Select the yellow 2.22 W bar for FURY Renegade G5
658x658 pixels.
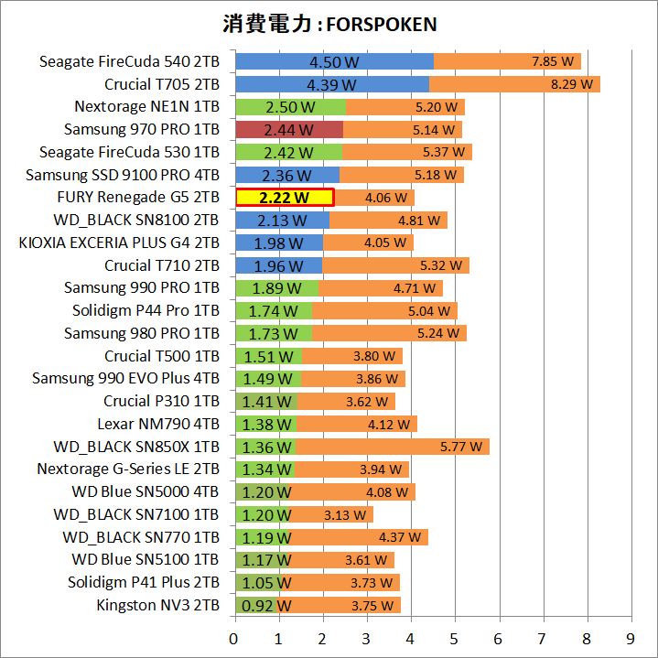[284, 198]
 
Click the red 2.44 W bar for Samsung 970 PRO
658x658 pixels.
[289, 130]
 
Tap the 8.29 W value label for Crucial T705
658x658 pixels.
[571, 85]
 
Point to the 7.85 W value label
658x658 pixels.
[552, 62]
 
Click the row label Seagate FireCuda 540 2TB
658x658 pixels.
[129, 62]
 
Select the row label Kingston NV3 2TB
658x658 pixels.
[157, 605]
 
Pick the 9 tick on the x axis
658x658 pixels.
[631, 637]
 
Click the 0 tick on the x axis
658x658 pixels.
[235, 637]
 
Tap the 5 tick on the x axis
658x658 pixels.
[455, 637]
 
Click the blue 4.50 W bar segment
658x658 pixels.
[334, 62]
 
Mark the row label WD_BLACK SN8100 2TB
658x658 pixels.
[136, 220]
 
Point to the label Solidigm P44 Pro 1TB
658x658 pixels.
[146, 310]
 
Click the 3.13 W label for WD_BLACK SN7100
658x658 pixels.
[344, 514]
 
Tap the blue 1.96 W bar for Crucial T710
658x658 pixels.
[278, 265]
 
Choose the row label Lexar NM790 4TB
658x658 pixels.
[158, 424]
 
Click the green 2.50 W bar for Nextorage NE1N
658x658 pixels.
[290, 107]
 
